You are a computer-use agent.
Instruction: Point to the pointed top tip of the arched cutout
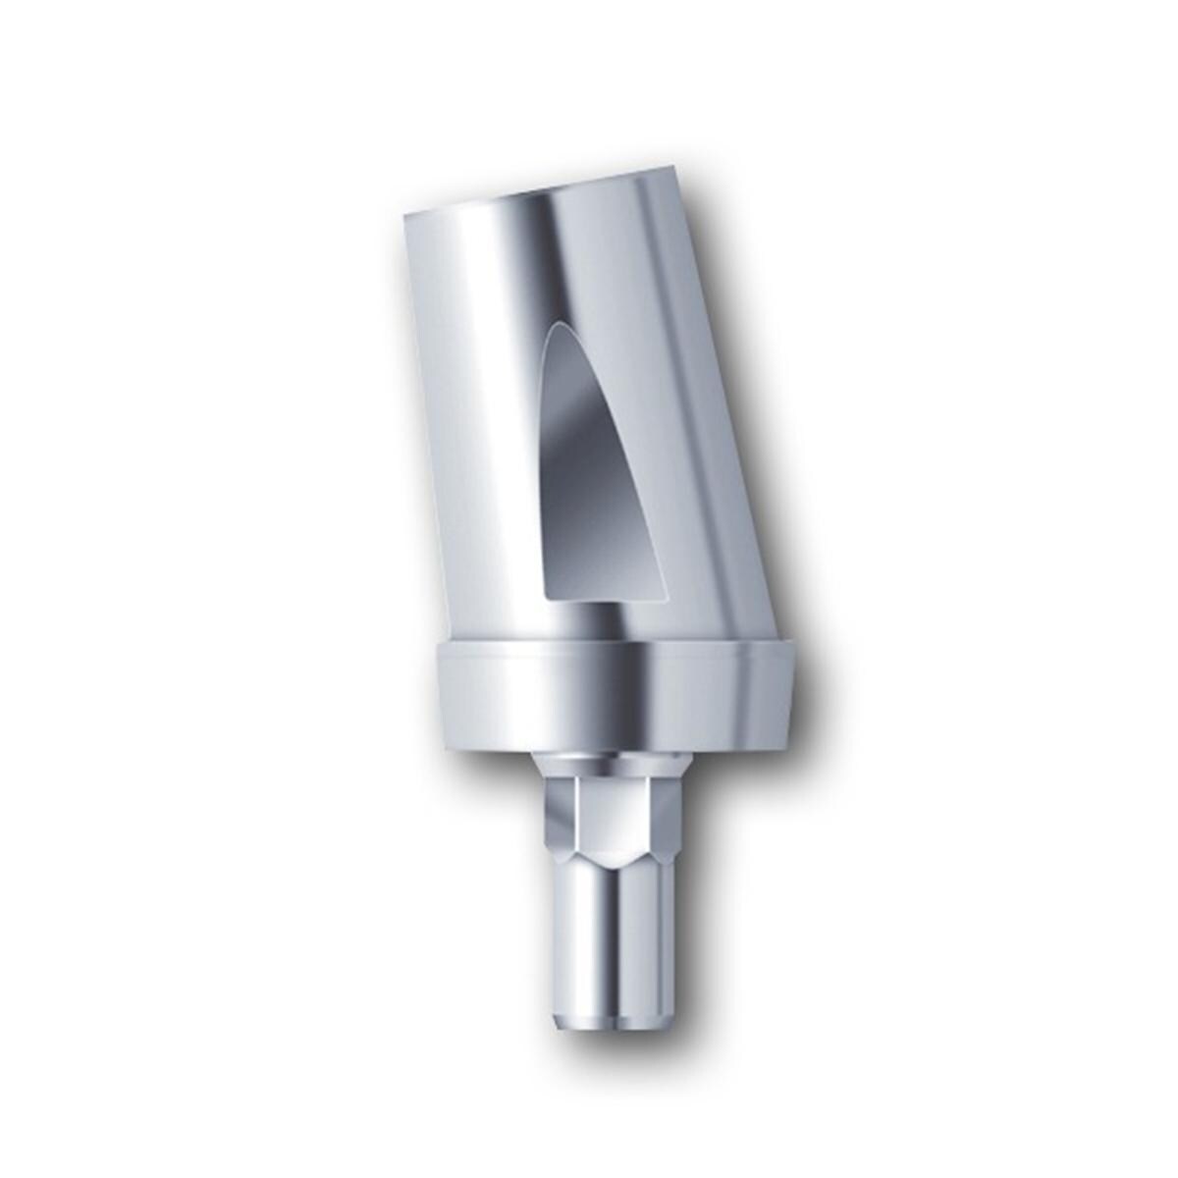tap(560, 324)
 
